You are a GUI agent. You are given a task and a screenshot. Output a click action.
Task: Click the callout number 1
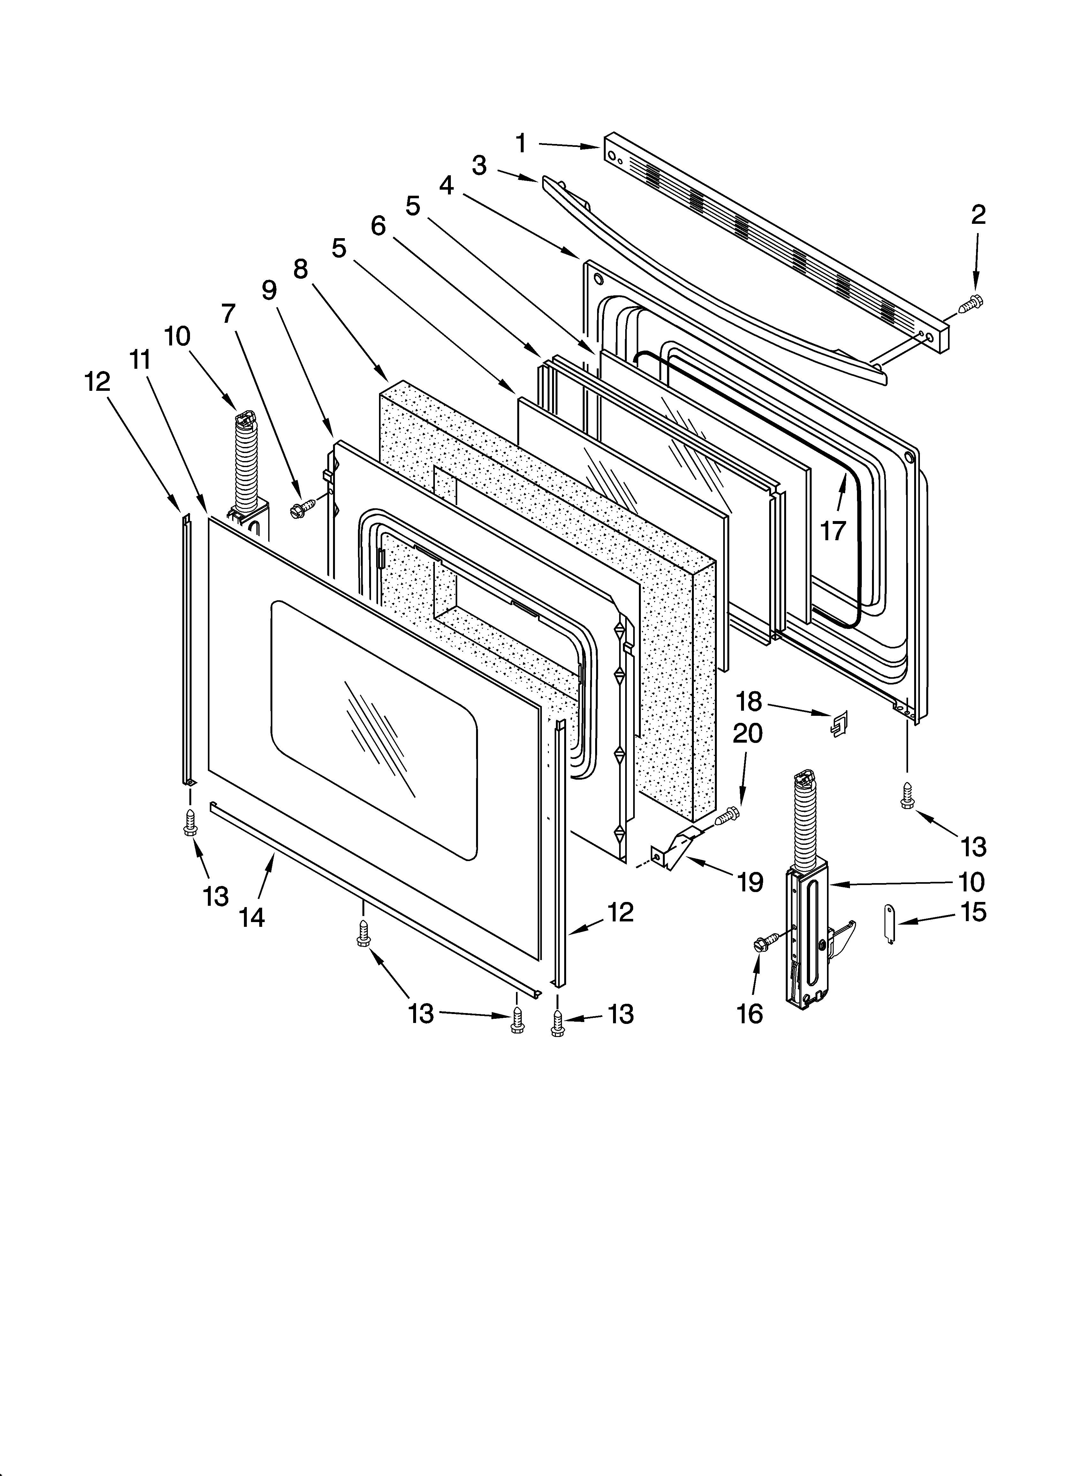521,143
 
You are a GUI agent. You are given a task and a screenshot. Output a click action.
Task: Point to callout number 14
252,918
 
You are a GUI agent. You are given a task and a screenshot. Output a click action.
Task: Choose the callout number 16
750,1013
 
